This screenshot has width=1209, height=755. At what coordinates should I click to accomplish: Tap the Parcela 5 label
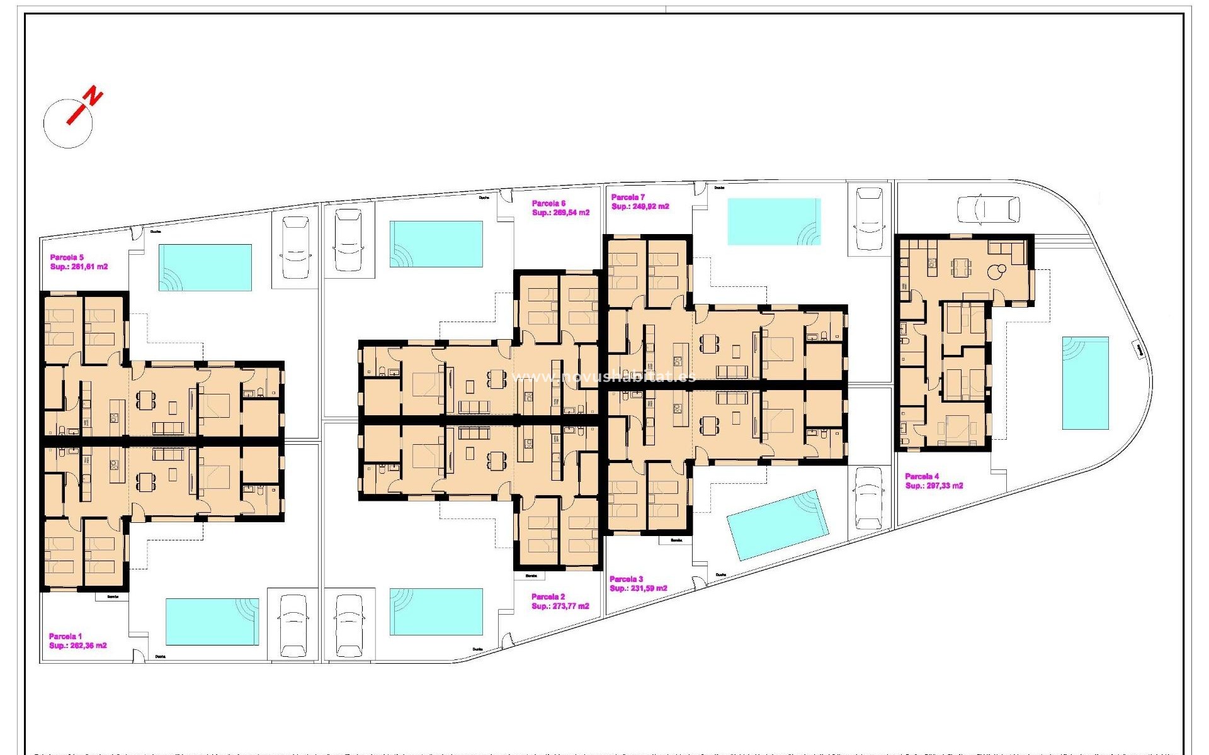(x=67, y=257)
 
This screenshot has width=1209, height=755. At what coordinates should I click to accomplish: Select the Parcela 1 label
(x=65, y=636)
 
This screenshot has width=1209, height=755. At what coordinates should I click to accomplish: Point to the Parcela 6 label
(x=548, y=203)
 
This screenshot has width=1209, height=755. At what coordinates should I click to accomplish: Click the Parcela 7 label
(x=628, y=197)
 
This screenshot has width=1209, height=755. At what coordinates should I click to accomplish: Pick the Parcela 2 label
(x=548, y=596)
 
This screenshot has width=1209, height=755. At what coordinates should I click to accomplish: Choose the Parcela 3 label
(x=626, y=579)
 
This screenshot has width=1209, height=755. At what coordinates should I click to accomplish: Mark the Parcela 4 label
(x=922, y=476)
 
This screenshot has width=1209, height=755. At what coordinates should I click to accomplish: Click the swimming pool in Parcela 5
(x=205, y=267)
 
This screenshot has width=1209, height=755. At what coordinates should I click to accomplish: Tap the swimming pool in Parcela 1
(x=212, y=622)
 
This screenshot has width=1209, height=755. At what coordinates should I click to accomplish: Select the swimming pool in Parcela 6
(x=436, y=244)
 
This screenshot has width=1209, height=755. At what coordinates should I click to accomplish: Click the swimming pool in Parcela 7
(x=774, y=221)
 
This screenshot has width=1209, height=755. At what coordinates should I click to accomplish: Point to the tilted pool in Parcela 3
(x=776, y=525)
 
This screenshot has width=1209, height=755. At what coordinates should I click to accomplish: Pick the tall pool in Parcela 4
(x=1085, y=383)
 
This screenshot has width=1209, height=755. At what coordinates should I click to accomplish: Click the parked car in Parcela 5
(x=295, y=248)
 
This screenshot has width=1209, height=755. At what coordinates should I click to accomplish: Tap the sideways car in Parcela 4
(x=988, y=209)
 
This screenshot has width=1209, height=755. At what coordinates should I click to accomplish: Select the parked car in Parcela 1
(x=293, y=625)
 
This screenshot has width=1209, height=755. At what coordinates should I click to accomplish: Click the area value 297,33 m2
(x=944, y=486)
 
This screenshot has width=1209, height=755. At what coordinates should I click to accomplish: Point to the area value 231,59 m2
(x=649, y=588)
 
